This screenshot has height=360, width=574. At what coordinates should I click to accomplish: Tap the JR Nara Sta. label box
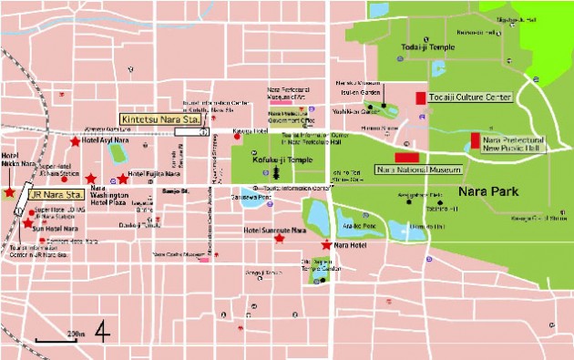(x=56, y=194)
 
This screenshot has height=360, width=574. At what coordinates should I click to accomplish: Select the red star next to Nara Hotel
(x=326, y=245)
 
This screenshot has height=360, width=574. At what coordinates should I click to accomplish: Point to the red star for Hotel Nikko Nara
(x=9, y=192)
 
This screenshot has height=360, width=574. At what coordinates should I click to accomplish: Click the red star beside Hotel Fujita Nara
(x=123, y=179)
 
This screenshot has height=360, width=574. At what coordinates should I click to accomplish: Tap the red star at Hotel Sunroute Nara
(x=279, y=238)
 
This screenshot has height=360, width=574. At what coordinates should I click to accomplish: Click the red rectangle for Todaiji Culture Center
(x=420, y=98)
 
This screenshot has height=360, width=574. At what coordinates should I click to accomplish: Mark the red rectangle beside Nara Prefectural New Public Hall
(x=475, y=142)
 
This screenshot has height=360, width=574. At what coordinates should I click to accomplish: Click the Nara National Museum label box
(x=419, y=170)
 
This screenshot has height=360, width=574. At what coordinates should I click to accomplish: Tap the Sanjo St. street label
(x=173, y=192)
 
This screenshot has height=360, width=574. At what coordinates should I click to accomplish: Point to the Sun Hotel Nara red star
(x=27, y=223)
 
